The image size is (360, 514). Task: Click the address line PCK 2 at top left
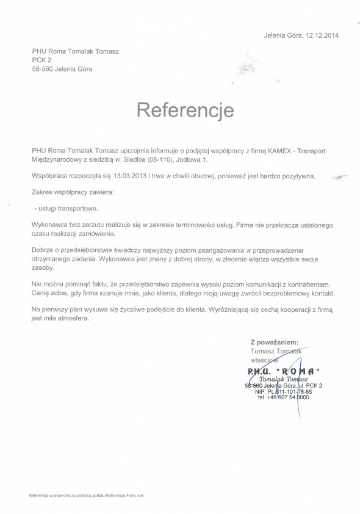(41, 60)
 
